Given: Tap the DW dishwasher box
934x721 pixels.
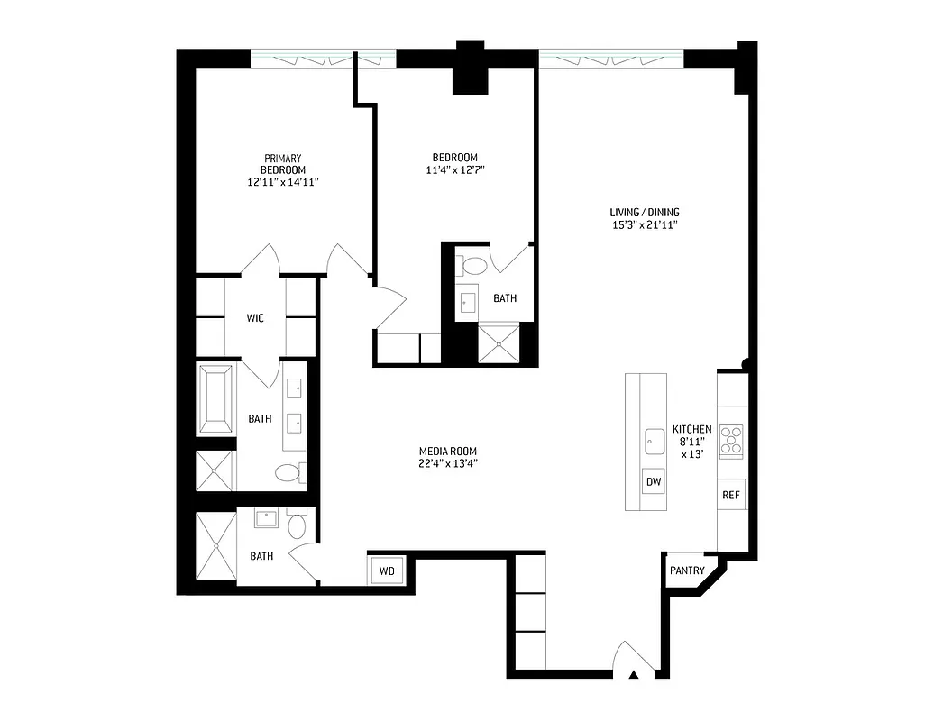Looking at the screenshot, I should pyautogui.click(x=654, y=482).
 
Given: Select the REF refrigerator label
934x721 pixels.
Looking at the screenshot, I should pyautogui.click(x=731, y=495).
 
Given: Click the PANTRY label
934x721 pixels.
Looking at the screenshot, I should pyautogui.click(x=687, y=570).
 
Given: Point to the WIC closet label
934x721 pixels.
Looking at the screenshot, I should pyautogui.click(x=255, y=318).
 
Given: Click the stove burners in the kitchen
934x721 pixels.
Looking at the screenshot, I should pyautogui.click(x=732, y=440).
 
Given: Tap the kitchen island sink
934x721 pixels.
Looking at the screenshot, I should pyautogui.click(x=654, y=442).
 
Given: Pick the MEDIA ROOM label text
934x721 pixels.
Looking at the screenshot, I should pyautogui.click(x=447, y=452).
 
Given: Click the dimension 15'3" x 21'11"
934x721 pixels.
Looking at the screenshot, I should pyautogui.click(x=644, y=225).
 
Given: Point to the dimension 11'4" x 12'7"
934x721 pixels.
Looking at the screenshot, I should pyautogui.click(x=456, y=169).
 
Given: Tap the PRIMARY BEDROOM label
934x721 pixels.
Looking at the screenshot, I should pyautogui.click(x=283, y=164).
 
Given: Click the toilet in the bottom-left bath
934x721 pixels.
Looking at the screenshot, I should pyautogui.click(x=297, y=525).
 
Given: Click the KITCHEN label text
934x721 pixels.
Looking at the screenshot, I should pyautogui.click(x=691, y=430).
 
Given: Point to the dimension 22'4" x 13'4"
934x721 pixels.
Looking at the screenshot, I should pyautogui.click(x=447, y=464).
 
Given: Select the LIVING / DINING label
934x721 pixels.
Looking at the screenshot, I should pyautogui.click(x=644, y=213).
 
